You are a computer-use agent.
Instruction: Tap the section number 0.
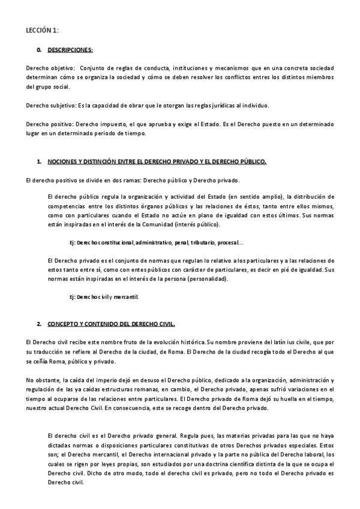[39, 50]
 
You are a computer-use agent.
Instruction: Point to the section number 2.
[39, 324]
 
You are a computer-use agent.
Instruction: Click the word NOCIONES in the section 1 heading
[62, 162]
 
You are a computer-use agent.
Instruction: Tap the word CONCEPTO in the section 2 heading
[63, 324]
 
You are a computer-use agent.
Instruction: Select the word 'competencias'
[65, 205]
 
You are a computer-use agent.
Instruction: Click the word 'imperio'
[99, 380]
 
